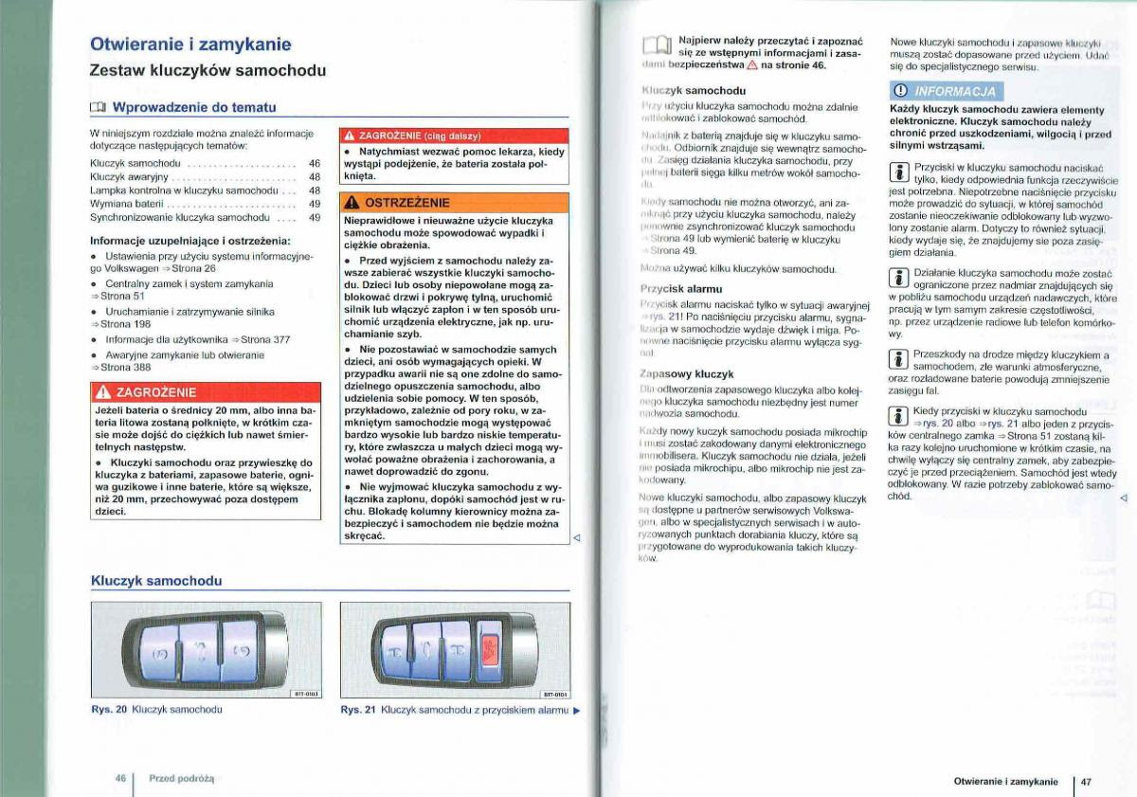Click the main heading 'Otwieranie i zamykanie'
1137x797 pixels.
189,45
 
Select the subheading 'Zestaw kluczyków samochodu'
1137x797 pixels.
207,70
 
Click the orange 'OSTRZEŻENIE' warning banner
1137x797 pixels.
454,203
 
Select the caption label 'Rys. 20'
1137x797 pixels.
108,709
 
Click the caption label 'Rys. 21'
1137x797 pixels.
358,710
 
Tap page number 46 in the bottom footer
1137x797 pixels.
120,777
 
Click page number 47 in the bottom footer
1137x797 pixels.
1086,782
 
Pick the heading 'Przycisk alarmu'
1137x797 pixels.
680,288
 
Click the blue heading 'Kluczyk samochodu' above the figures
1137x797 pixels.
156,580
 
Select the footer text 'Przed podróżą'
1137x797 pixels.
182,778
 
